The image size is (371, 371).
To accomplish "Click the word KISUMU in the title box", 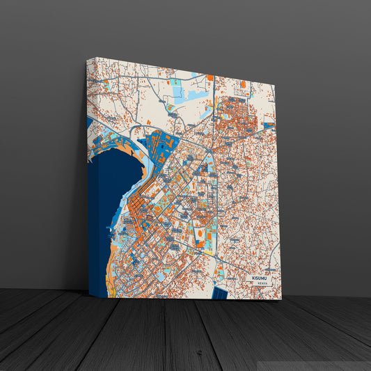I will click(x=260, y=277).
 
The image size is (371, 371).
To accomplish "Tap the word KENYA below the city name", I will click(x=261, y=284).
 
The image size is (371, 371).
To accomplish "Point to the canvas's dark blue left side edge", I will click(x=92, y=209).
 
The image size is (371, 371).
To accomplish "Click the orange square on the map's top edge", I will click(x=210, y=77).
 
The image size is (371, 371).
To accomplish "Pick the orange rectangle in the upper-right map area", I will click(x=244, y=85).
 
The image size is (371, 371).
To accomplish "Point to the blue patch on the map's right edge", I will click(x=269, y=126).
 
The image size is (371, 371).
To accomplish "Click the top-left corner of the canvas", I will click(x=88, y=58).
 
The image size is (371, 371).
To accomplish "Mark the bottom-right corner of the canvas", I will click(x=282, y=299).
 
